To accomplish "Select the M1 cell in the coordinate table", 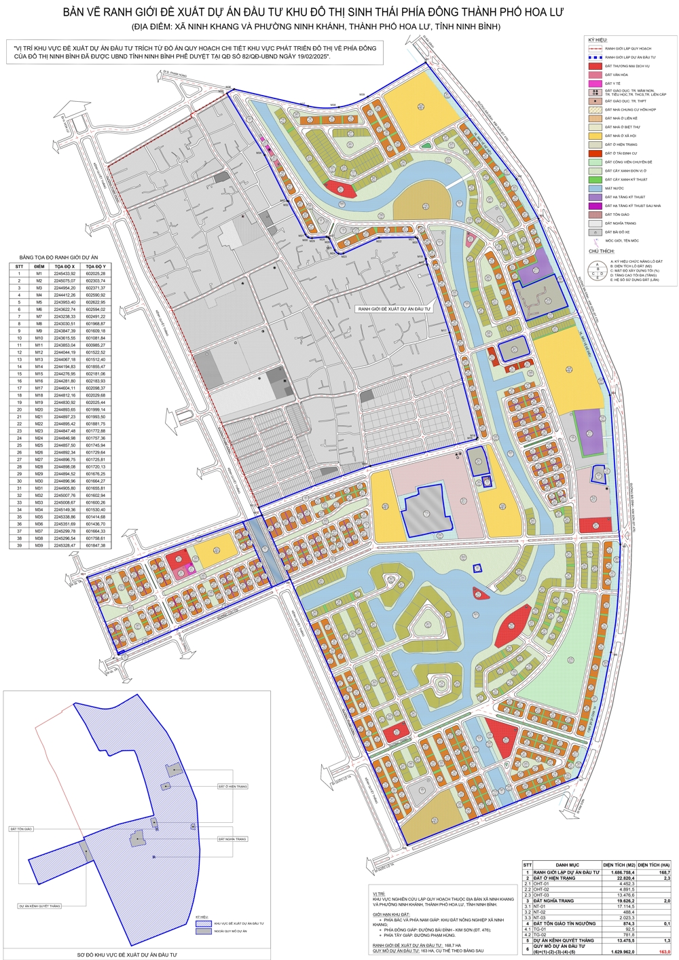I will [x=39, y=274].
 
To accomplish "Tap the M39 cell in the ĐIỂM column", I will [x=39, y=545].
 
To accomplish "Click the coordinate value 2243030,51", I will [x=65, y=324].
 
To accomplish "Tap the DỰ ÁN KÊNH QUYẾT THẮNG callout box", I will [x=40, y=906].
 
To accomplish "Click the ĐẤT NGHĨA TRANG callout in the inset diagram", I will [x=232, y=839].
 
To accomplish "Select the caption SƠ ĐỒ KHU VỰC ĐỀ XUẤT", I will [x=126, y=955].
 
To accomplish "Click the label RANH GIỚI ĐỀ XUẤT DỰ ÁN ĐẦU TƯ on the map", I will [x=394, y=309].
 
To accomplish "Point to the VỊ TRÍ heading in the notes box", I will [x=378, y=894].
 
